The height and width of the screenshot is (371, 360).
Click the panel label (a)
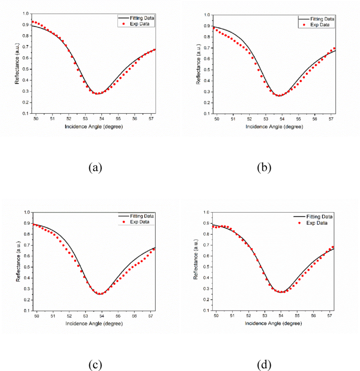pos(95,167)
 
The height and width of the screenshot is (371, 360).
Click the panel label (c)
pos(95,365)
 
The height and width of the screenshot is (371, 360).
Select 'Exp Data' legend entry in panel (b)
pos(318,25)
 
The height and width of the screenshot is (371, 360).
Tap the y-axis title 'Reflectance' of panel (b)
pos(197,64)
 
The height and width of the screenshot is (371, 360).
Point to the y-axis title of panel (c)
pos(19,261)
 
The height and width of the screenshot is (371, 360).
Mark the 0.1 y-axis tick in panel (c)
pos(27,311)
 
